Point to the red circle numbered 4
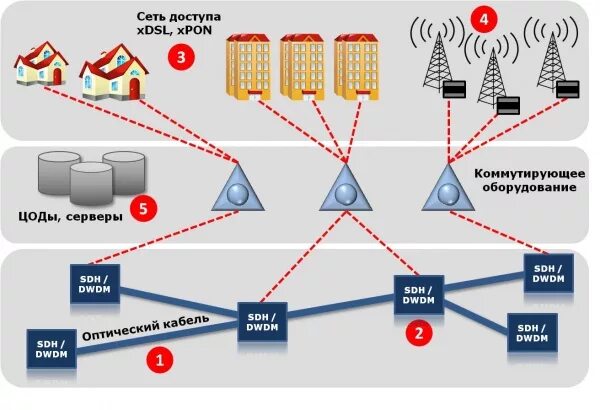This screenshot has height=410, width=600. pos(484,19)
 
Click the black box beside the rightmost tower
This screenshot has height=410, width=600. pos(569,89)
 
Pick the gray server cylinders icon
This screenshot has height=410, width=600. pos(89,174)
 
